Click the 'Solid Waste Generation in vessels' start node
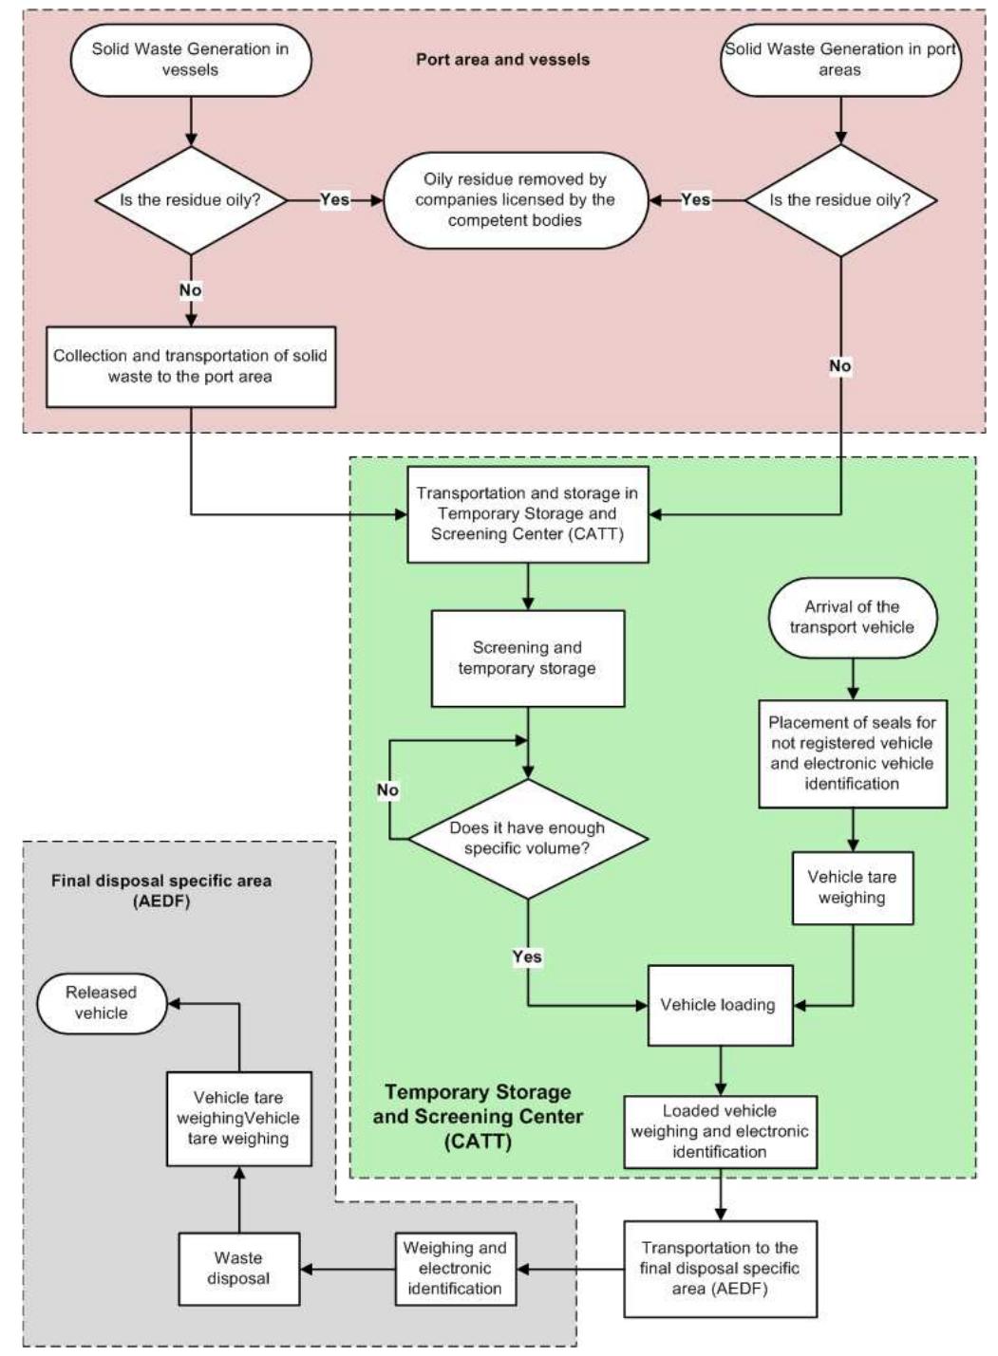pos(190,59)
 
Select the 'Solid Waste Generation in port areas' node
pos(840,59)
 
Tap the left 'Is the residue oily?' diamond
pos(191,200)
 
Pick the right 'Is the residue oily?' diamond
pos(840,200)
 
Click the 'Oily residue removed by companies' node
pos(515,200)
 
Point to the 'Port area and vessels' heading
pos(502,59)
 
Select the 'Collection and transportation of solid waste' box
pos(191,366)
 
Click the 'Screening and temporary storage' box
pos(527,658)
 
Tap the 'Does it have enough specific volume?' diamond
pos(527,839)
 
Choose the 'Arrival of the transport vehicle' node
pos(852,617)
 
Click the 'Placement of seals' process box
pos(852,753)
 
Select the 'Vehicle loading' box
pos(719,1005)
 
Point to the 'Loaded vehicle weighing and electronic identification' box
pos(719,1131)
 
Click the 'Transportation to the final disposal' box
pos(719,1269)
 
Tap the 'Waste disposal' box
pos(238,1269)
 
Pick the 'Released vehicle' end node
pos(102,1003)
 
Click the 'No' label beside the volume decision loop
pos(387,790)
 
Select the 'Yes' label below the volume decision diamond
pos(527,957)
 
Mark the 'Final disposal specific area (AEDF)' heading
pos(161,891)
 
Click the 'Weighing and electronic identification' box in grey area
pos(454,1269)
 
